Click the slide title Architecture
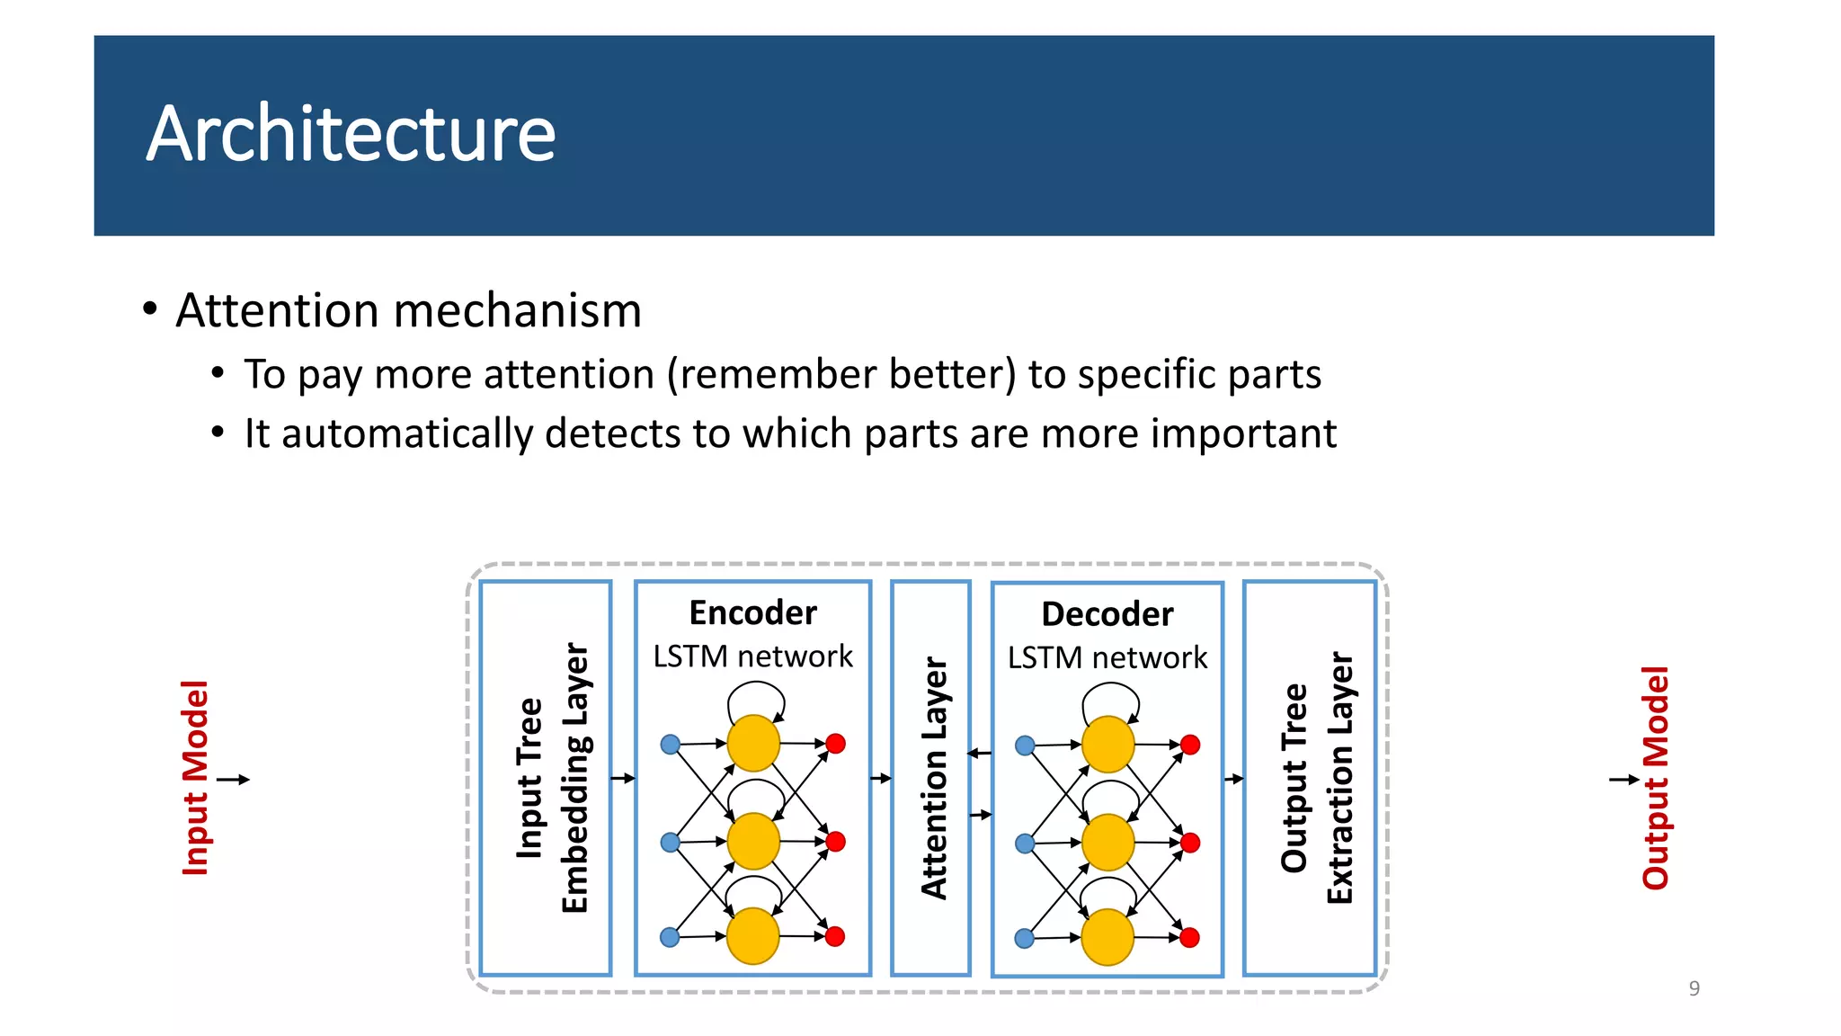(x=351, y=134)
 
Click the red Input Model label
(x=195, y=778)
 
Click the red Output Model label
(x=1655, y=778)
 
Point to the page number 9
(x=1694, y=988)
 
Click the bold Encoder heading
(x=752, y=613)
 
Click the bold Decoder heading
(x=1107, y=614)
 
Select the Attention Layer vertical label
(x=934, y=778)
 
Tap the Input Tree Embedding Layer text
(x=551, y=778)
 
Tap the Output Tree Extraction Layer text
(x=1316, y=778)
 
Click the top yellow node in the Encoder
(x=752, y=744)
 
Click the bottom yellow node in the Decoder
(x=1107, y=937)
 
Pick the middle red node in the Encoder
(x=835, y=842)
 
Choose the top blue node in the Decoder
(x=1025, y=746)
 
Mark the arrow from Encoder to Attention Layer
(x=881, y=778)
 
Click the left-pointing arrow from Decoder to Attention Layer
(x=980, y=753)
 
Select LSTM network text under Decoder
(x=1107, y=658)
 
